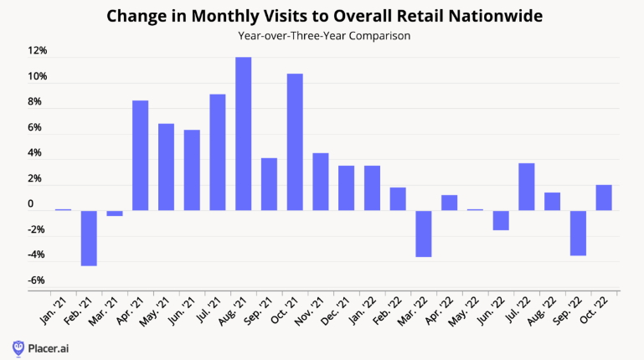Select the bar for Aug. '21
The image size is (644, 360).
[244, 134]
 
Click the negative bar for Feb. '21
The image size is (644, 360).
[89, 238]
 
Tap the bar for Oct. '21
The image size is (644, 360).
[295, 142]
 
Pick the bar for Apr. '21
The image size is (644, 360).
[141, 156]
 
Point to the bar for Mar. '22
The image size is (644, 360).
[424, 234]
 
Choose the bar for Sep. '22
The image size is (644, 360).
[578, 233]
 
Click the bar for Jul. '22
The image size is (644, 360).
[527, 187]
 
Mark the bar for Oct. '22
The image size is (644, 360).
[604, 198]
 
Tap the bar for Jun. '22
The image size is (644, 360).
[501, 220]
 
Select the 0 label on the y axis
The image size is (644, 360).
[30, 204]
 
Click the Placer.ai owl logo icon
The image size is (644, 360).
[18, 347]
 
